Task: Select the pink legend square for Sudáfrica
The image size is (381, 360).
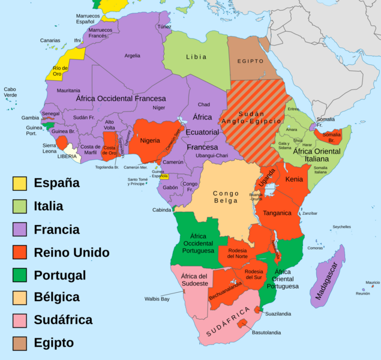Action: pyautogui.click(x=20, y=320)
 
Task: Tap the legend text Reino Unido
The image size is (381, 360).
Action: pyautogui.click(x=71, y=252)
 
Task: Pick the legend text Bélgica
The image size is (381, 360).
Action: pyautogui.click(x=56, y=298)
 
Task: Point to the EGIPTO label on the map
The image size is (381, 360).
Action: pyautogui.click(x=250, y=61)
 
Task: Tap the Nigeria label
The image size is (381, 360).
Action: pyautogui.click(x=150, y=140)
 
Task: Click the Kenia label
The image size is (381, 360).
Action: pyautogui.click(x=294, y=179)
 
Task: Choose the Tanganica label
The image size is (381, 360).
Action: pyautogui.click(x=277, y=213)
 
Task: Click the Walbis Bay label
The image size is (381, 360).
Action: pyautogui.click(x=157, y=298)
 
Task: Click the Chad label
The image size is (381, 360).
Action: pyautogui.click(x=204, y=104)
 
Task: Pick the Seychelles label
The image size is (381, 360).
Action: pyautogui.click(x=342, y=227)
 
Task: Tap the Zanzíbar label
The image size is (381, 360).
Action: pyautogui.click(x=310, y=213)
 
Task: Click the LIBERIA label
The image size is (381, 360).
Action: pyautogui.click(x=67, y=156)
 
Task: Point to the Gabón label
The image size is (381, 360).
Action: pyautogui.click(x=170, y=187)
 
